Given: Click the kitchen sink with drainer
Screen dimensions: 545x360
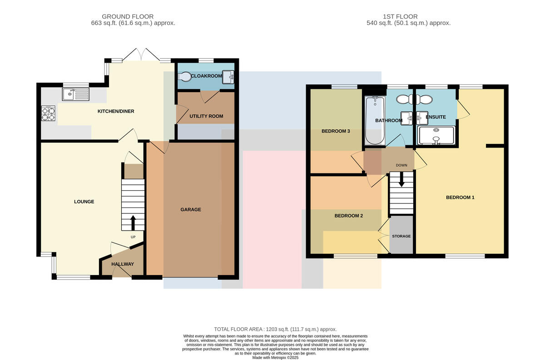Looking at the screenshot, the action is pyautogui.click(x=76, y=94).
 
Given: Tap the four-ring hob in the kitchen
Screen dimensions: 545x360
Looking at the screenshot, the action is pyautogui.click(x=48, y=113).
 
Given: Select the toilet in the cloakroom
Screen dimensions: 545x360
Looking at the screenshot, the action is pyautogui.click(x=185, y=76).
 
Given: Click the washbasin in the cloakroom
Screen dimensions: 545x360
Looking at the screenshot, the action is pyautogui.click(x=228, y=77).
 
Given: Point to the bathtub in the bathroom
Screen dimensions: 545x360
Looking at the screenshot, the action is pyautogui.click(x=375, y=120).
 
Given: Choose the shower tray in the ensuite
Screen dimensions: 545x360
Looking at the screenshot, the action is pyautogui.click(x=436, y=135).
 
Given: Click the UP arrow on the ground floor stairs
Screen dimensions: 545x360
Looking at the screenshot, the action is pyautogui.click(x=133, y=222).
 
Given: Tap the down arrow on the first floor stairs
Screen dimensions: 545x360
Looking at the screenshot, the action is pyautogui.click(x=401, y=179).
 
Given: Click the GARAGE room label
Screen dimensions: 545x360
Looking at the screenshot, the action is pyautogui.click(x=191, y=209).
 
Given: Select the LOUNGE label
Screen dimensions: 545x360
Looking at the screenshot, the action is pyautogui.click(x=84, y=202).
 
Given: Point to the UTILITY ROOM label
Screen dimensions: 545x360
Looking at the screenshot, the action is pyautogui.click(x=206, y=116).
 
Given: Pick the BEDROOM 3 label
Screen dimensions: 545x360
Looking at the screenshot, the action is pyautogui.click(x=336, y=131).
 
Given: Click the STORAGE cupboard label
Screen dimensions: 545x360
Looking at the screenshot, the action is pyautogui.click(x=401, y=236).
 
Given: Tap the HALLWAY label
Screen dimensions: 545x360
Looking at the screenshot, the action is pyautogui.click(x=123, y=264).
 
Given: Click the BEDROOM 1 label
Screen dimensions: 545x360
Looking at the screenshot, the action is pyautogui.click(x=460, y=197).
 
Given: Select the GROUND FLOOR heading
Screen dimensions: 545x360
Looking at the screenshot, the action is pyautogui.click(x=128, y=16).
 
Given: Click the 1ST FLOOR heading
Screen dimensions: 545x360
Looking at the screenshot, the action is pyautogui.click(x=400, y=16).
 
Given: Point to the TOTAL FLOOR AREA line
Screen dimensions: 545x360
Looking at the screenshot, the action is pyautogui.click(x=275, y=329).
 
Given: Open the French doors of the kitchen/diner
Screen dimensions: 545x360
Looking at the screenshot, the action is pyautogui.click(x=141, y=55).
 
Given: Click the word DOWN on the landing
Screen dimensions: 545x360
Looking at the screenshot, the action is pyautogui.click(x=401, y=165).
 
